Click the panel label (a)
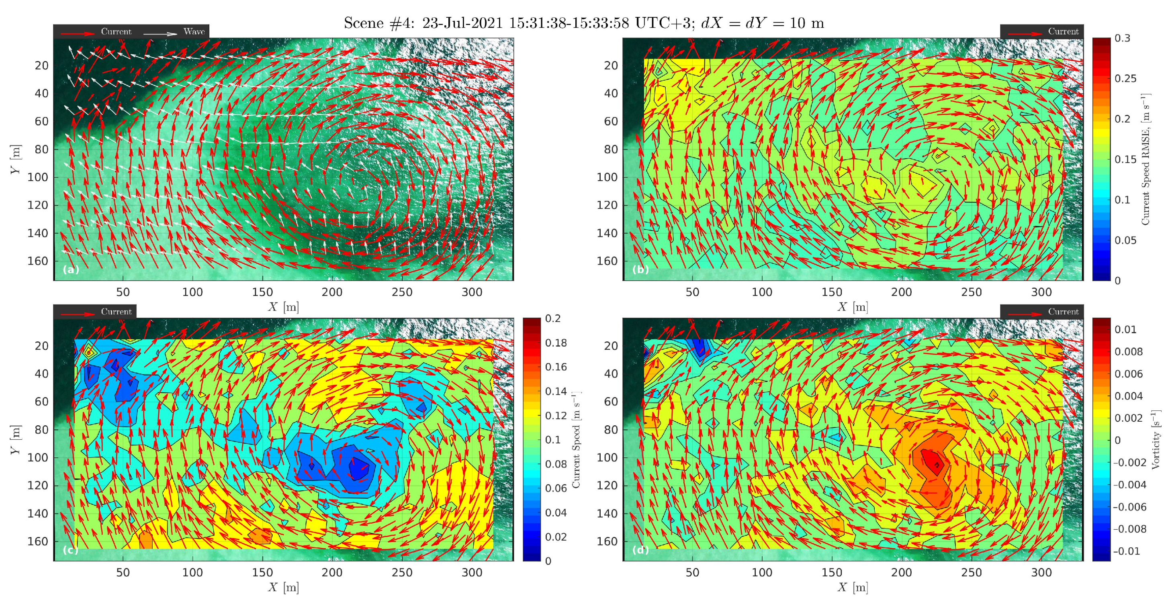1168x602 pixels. tap(71, 270)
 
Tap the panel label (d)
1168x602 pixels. tap(640, 550)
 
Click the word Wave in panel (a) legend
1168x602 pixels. tap(194, 31)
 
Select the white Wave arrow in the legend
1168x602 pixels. tap(160, 34)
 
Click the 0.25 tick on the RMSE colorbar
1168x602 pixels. tap(1125, 78)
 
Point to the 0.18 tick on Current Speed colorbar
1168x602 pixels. tap(555, 343)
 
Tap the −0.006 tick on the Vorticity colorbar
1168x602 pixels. tap(1129, 507)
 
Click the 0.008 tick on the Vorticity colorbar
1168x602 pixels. tap(1128, 352)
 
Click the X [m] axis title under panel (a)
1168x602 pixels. tap(283, 307)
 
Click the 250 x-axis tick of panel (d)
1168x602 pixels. tap(971, 573)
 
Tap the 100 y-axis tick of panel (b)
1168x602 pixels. tap(607, 177)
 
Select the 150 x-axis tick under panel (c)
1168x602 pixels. tap(262, 573)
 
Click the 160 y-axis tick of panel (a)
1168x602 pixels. tap(38, 261)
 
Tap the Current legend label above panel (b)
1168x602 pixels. tap(1063, 31)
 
